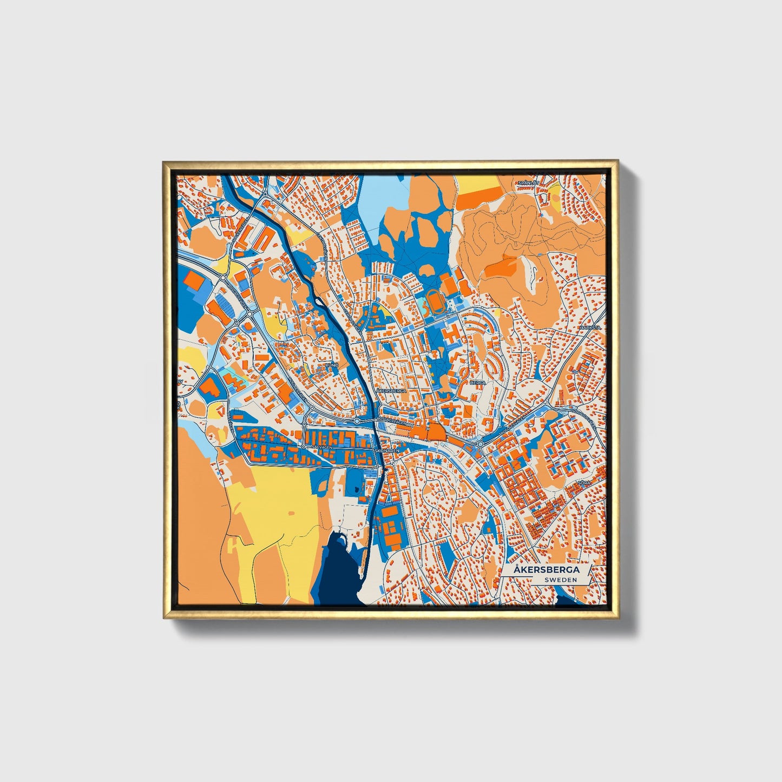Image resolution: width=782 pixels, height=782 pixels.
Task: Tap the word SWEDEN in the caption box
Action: (561, 580)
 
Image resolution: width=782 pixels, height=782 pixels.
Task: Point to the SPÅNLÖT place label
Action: (529, 183)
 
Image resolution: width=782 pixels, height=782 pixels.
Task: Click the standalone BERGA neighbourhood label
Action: (478, 382)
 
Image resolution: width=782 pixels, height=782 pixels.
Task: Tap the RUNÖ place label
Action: (331, 365)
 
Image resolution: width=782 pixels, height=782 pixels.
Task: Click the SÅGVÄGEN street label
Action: (318, 446)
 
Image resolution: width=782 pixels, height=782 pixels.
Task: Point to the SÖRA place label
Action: (583, 482)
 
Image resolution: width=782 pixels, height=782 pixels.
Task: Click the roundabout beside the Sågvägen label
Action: (305, 446)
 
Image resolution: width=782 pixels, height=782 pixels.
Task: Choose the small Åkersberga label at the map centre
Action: (391, 390)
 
